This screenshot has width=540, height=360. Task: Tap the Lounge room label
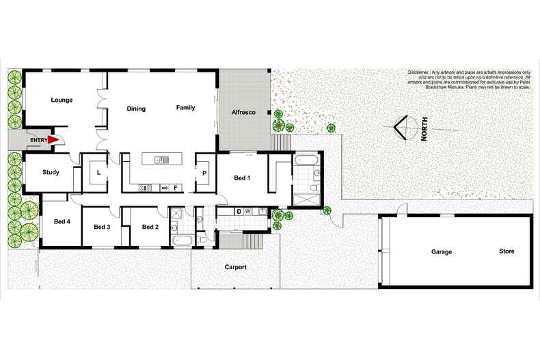62,100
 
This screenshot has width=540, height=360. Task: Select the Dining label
136,109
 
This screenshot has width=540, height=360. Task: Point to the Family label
185,108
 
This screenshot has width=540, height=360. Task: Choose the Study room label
51,173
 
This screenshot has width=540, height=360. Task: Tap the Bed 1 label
242,178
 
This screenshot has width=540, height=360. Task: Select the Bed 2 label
150,227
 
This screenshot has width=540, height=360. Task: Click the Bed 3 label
102,227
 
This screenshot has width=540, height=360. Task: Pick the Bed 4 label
62,221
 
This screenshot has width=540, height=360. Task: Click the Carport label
235,267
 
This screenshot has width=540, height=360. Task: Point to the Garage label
441,252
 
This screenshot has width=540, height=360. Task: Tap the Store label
507,251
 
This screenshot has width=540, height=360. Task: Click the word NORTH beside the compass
424,129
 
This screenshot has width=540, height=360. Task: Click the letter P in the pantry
204,174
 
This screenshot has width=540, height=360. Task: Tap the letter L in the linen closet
98,173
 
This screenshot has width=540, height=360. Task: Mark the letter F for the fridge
176,187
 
